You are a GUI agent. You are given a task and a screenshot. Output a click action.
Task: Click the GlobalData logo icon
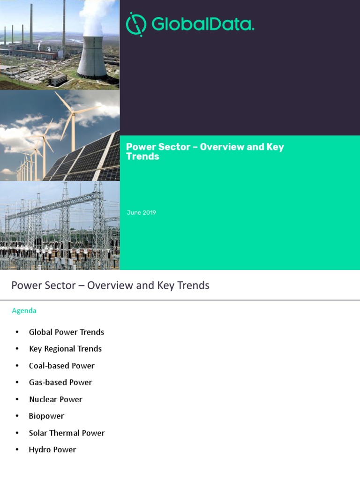pos(135,24)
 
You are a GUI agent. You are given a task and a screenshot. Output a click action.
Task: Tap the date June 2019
pos(141,213)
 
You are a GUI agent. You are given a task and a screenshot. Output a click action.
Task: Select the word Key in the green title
pos(275,147)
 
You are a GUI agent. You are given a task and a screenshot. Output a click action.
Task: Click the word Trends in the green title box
pos(142,157)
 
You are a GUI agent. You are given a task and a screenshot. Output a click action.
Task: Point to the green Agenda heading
pos(24,310)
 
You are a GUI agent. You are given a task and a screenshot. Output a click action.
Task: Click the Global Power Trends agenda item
pos(67,332)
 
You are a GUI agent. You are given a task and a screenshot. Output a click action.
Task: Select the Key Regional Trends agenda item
pos(65,349)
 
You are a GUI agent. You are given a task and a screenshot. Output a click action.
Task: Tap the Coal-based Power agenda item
pos(62,366)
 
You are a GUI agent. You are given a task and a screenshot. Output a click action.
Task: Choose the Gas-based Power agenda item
pos(60,382)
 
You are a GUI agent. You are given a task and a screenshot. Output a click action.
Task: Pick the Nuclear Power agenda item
pos(56,399)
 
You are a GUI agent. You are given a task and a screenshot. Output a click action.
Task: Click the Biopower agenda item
pos(46,416)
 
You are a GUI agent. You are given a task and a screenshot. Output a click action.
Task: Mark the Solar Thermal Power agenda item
pos(67,433)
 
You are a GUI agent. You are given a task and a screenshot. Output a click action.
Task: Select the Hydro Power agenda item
pos(52,450)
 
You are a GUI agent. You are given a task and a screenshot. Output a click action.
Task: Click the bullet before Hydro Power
pos(17,450)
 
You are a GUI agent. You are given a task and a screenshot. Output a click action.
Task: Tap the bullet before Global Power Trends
pos(17,332)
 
